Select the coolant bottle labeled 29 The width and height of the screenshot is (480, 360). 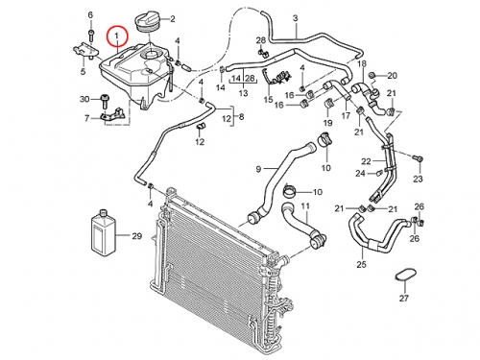(104, 233)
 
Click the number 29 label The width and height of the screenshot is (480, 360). (137, 236)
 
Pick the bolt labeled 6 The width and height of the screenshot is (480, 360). (90, 35)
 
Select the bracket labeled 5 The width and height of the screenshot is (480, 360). (85, 51)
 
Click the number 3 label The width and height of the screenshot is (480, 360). (295, 18)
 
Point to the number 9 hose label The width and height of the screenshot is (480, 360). (258, 169)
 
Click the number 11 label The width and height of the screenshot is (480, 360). (305, 206)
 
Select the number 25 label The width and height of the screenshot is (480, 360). (363, 265)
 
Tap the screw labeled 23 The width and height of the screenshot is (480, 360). (418, 157)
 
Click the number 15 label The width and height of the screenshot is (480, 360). (268, 100)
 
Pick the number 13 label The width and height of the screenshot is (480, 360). (243, 93)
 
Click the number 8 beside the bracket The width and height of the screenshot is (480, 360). (241, 117)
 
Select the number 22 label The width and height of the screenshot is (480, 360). (366, 161)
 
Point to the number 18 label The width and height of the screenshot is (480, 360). (362, 63)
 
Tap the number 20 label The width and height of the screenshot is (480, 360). (392, 76)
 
